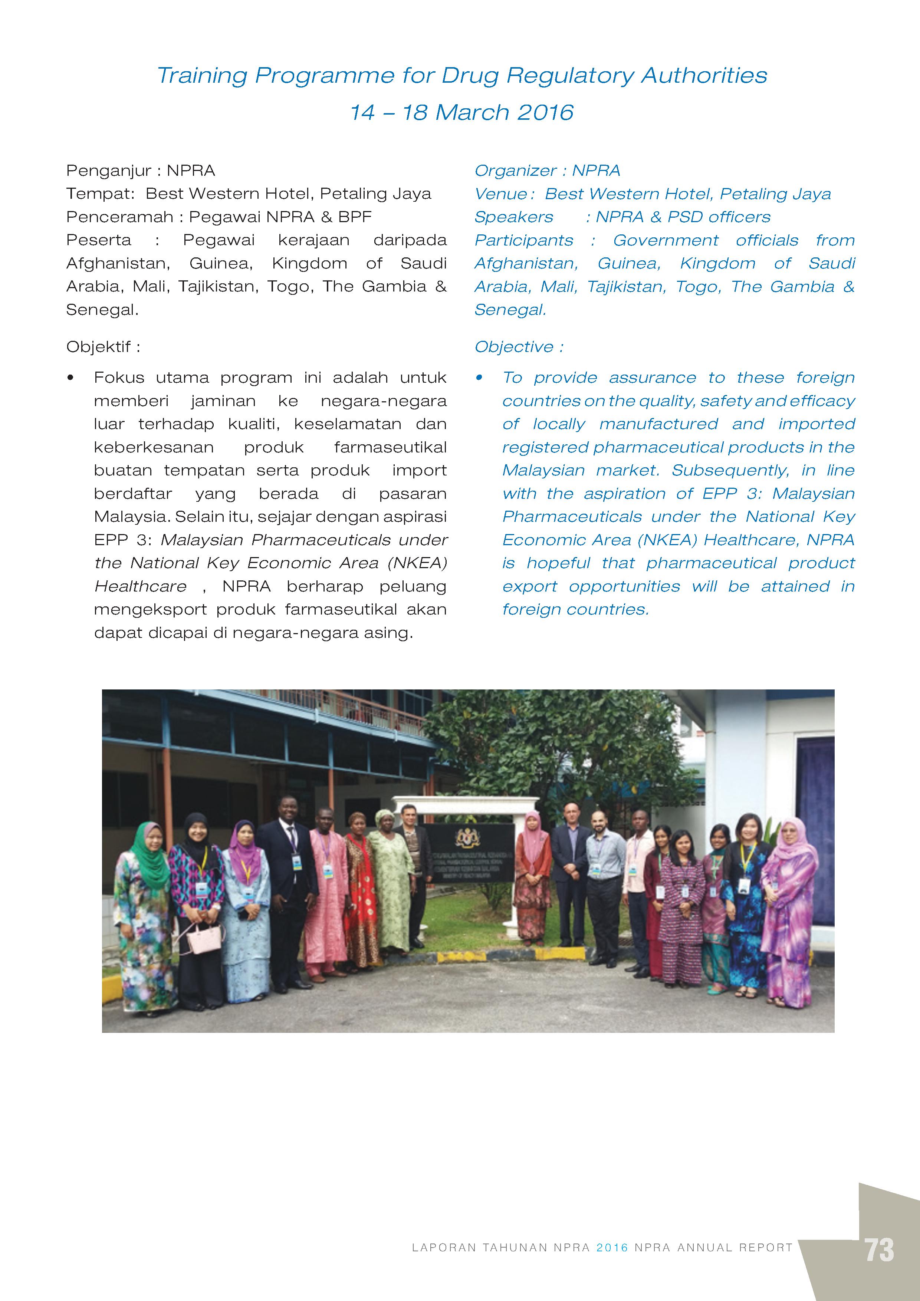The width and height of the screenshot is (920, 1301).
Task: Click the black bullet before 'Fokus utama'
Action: pyautogui.click(x=70, y=378)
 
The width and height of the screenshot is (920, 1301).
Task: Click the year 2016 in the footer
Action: pyautogui.click(x=612, y=1248)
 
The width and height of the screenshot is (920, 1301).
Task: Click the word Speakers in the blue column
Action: pyautogui.click(x=513, y=217)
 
